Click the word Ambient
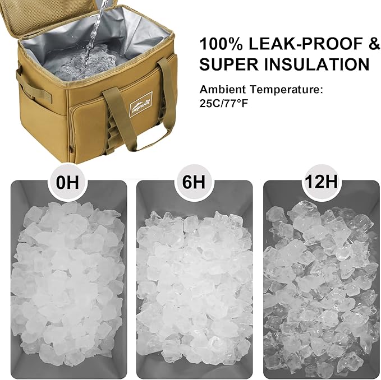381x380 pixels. click(219, 89)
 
